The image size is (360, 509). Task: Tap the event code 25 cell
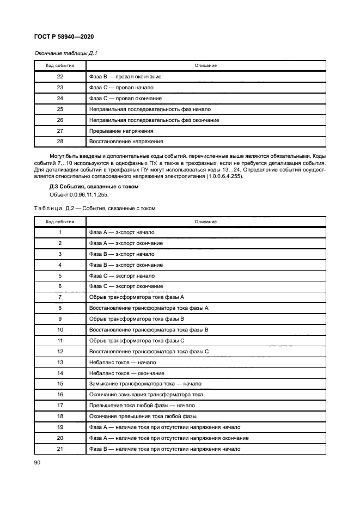[60, 109]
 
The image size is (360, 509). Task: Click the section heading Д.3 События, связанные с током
[94, 186]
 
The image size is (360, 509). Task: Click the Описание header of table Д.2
[206, 222]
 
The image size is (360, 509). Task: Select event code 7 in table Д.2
[60, 297]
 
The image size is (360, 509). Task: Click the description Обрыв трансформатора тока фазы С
[136, 340]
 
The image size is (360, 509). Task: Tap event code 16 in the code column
[60, 394]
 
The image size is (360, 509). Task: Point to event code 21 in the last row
[60, 449]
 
